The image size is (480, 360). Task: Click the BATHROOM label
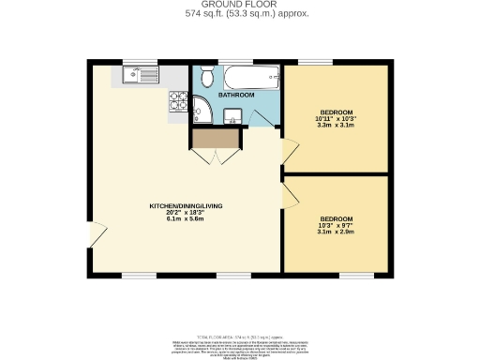click(x=236, y=95)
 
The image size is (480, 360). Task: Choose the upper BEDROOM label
click(x=337, y=112)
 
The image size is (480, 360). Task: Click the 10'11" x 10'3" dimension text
click(x=337, y=118)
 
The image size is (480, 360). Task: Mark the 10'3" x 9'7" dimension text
click(x=337, y=225)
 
